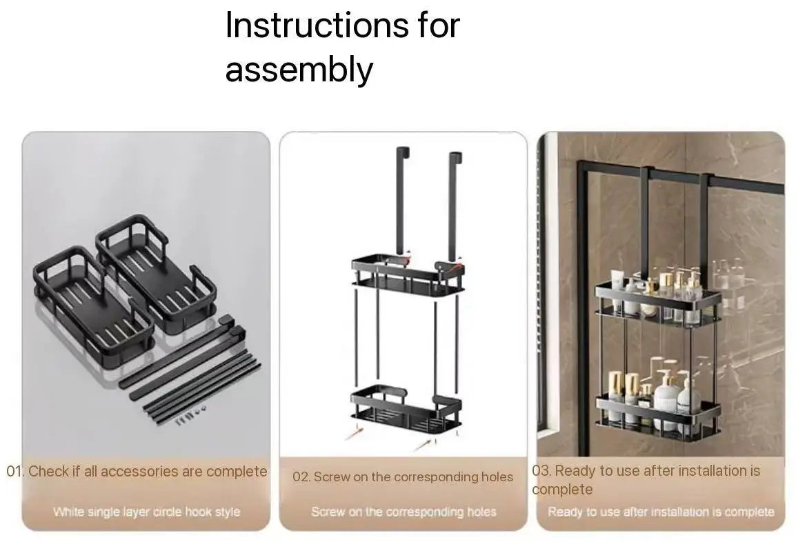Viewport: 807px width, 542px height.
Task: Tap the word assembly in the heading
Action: pyautogui.click(x=299, y=70)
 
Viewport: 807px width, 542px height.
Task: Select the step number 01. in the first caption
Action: pyautogui.click(x=15, y=471)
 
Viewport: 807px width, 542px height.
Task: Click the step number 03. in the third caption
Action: pyautogui.click(x=541, y=470)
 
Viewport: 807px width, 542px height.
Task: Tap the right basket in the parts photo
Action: pyautogui.click(x=155, y=271)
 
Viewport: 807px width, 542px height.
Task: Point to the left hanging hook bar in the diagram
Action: pyautogui.click(x=401, y=203)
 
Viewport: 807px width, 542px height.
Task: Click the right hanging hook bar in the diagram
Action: pyautogui.click(x=455, y=206)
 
